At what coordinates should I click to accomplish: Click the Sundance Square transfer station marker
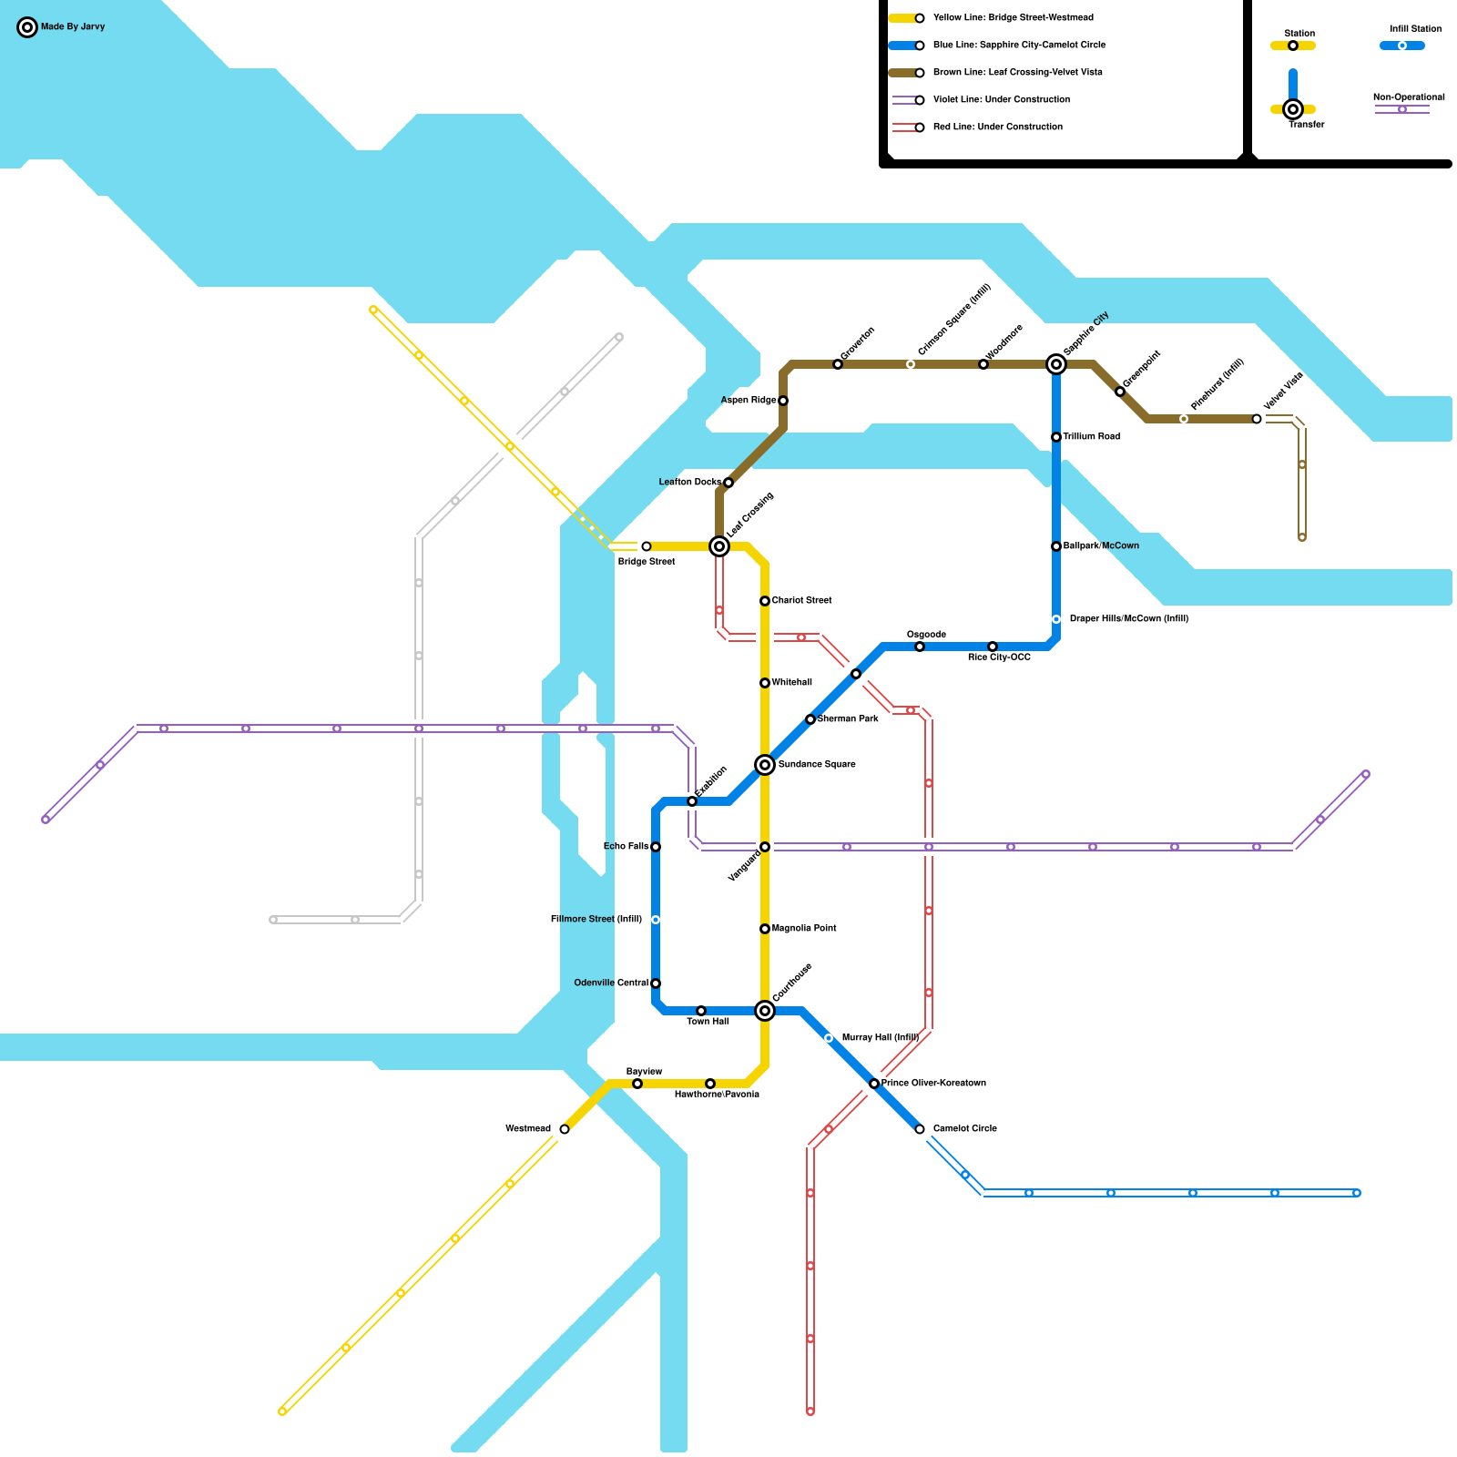coord(765,765)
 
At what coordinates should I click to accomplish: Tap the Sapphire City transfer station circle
coord(1056,364)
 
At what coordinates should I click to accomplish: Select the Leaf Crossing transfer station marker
coord(719,546)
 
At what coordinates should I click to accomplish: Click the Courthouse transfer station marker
coord(765,1011)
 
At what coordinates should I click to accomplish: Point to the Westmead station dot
coord(565,1129)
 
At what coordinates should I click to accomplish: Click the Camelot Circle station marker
coord(920,1129)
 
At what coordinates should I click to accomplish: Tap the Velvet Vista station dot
coord(1257,419)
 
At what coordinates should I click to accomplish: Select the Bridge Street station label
coord(647,562)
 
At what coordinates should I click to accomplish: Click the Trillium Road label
coord(1091,437)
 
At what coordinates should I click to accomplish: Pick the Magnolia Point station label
coord(804,929)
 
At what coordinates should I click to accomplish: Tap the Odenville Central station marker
coord(656,983)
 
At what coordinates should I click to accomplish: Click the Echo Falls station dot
coord(656,847)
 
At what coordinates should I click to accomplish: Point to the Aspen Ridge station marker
coord(783,401)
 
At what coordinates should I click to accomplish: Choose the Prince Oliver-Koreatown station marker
coord(874,1084)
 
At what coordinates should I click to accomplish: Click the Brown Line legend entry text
coord(1017,73)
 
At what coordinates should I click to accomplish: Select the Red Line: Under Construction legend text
coord(997,127)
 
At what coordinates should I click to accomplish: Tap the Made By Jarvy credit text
coord(73,27)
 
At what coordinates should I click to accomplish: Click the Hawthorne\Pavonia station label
coord(717,1095)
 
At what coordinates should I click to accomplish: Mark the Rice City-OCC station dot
coord(993,647)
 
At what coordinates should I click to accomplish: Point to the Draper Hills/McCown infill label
coord(1128,619)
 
